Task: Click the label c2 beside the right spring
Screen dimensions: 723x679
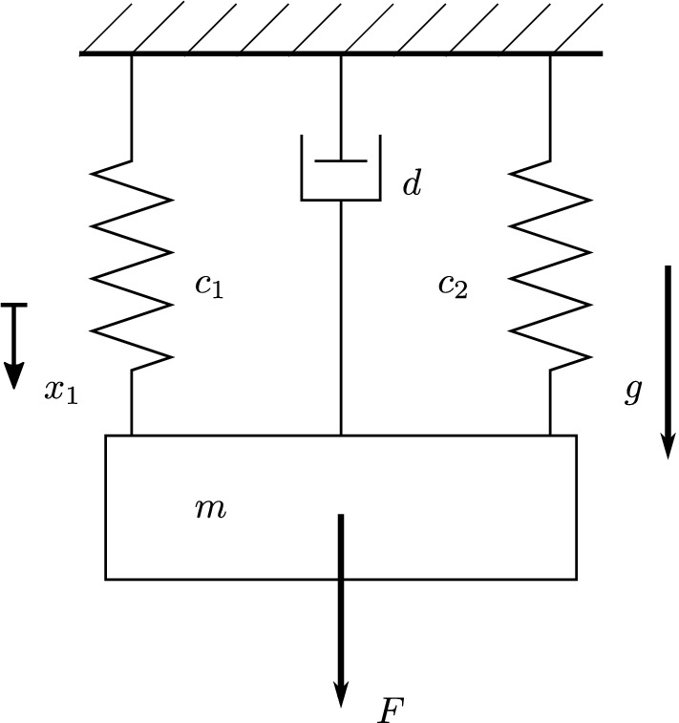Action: point(453,285)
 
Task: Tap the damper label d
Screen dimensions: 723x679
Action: point(411,184)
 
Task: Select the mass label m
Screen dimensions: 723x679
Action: point(210,509)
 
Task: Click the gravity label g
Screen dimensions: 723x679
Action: point(632,391)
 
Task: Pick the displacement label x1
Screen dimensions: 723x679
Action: point(60,391)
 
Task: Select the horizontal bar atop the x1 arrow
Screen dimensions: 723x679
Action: point(13,305)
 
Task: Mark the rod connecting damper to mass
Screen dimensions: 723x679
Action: point(341,315)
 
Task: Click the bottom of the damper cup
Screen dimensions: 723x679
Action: point(341,200)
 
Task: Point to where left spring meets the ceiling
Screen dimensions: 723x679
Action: point(132,55)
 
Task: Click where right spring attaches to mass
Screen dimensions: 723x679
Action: point(550,435)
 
